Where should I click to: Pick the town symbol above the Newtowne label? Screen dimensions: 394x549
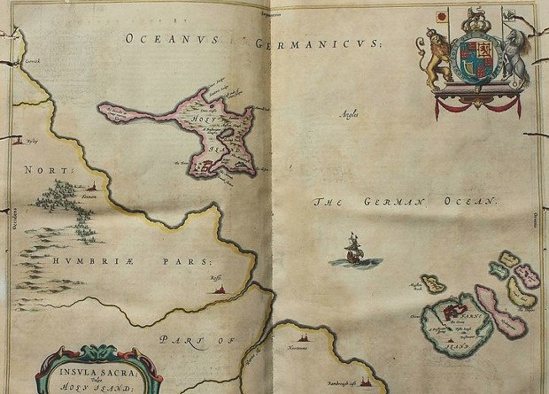tap(306, 338)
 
